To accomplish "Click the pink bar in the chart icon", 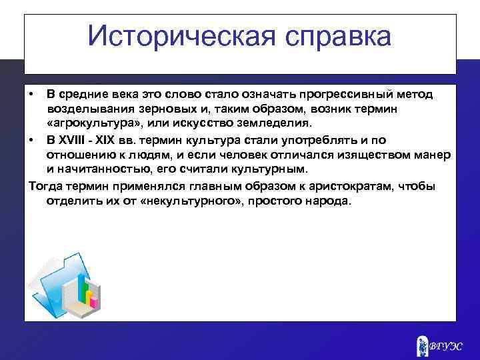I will (94, 301).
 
